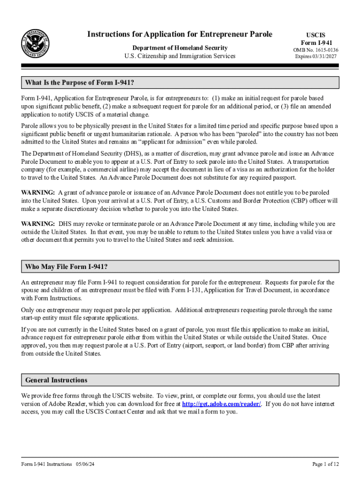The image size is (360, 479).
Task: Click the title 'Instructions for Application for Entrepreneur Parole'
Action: [x=180, y=34]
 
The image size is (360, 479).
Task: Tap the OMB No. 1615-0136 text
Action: [x=316, y=50]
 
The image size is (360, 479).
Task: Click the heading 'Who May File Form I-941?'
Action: [x=67, y=267]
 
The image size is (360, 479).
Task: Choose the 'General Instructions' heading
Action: [x=57, y=380]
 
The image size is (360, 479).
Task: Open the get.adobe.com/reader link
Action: [x=222, y=404]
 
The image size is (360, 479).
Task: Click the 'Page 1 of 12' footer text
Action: [x=325, y=464]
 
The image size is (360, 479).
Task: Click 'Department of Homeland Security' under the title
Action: [x=180, y=48]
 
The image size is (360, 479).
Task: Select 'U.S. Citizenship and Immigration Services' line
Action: [x=180, y=56]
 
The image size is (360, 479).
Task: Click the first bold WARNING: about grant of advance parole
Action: [x=38, y=193]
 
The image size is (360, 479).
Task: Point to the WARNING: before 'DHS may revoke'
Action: [x=38, y=224]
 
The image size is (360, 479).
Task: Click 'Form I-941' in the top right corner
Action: [x=316, y=43]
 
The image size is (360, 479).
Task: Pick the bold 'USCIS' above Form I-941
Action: [x=316, y=35]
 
